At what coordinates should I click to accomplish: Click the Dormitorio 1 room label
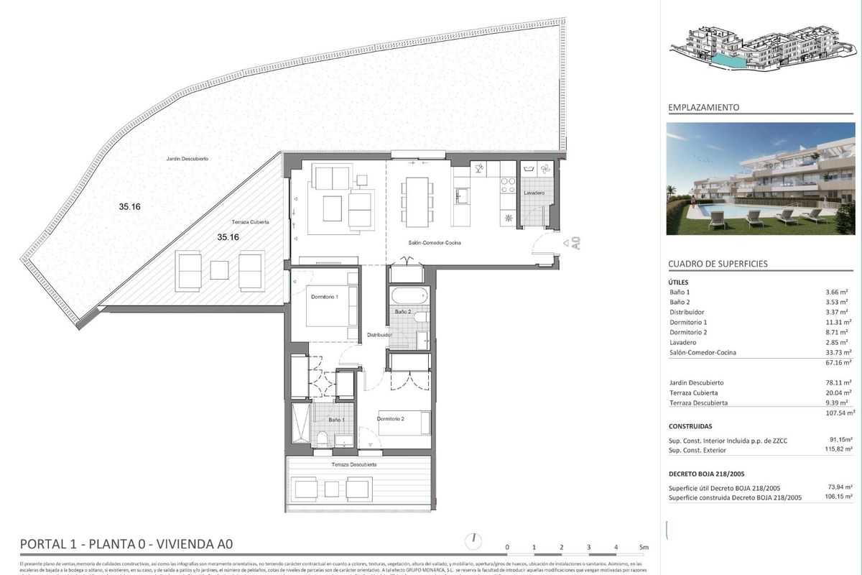point(324,296)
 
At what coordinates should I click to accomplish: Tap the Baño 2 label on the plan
point(402,312)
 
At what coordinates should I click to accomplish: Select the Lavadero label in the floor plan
point(534,193)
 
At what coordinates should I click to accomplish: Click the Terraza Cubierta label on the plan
point(250,222)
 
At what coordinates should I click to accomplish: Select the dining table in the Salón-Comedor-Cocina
point(417,201)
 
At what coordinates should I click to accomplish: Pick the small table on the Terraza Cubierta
point(220,270)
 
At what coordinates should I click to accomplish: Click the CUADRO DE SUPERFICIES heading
point(718,264)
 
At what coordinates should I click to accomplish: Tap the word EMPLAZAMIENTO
point(703,107)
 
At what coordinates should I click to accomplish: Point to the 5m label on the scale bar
point(643,548)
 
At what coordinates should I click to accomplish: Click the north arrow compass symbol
point(474,539)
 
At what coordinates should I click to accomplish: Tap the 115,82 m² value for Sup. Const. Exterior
point(838,450)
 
